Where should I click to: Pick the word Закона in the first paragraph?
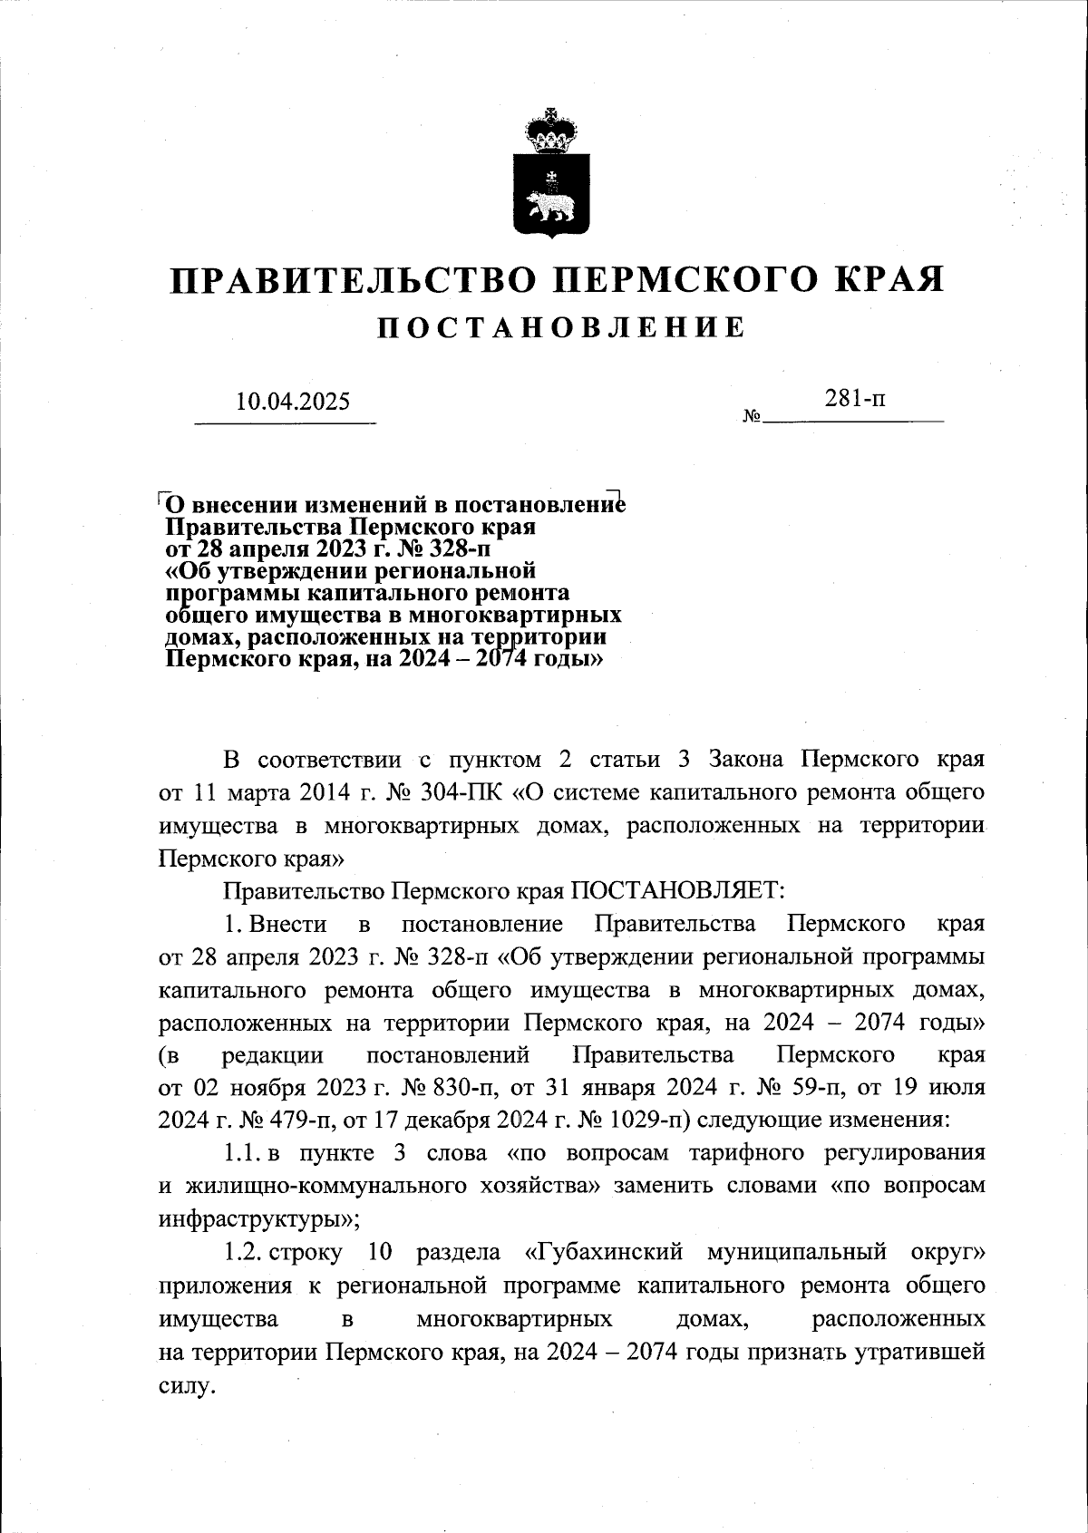point(750,759)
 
